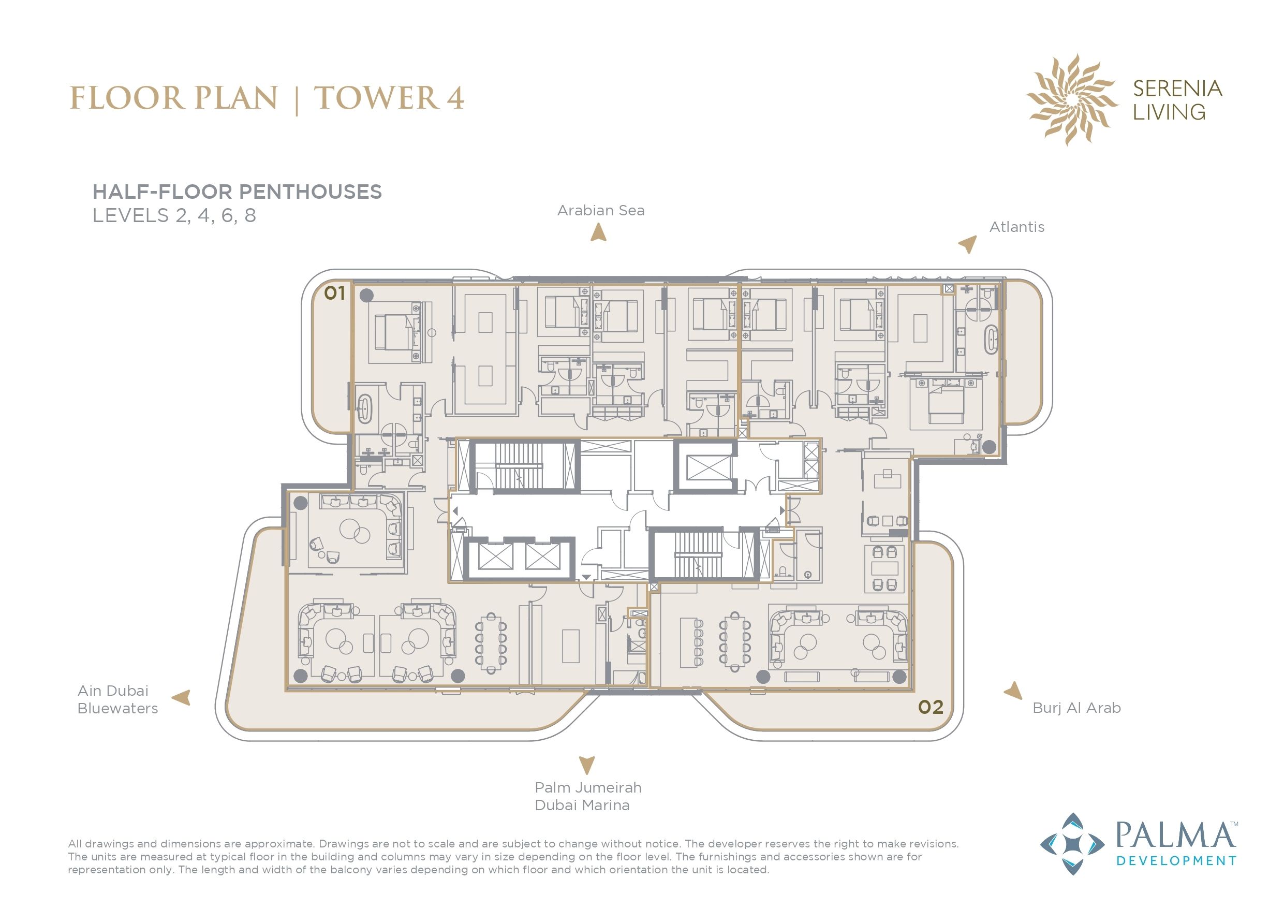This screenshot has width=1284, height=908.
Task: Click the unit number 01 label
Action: (x=334, y=292)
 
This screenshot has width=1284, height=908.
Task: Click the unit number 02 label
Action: (x=931, y=707)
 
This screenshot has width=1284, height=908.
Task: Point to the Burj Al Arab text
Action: (x=1076, y=708)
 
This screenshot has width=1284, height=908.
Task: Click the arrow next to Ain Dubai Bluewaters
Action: (x=182, y=697)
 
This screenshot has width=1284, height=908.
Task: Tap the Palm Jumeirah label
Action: (x=588, y=787)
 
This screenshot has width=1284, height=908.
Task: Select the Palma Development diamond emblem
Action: (x=1071, y=844)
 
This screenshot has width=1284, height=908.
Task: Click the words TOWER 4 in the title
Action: (x=389, y=98)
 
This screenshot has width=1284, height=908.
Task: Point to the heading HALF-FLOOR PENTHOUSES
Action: (x=237, y=192)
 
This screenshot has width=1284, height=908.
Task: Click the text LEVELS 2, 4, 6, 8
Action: (x=174, y=215)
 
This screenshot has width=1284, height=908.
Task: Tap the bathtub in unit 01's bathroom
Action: (x=365, y=409)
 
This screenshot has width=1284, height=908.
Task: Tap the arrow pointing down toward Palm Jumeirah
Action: (x=586, y=765)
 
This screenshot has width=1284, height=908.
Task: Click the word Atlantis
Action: (x=1016, y=227)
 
